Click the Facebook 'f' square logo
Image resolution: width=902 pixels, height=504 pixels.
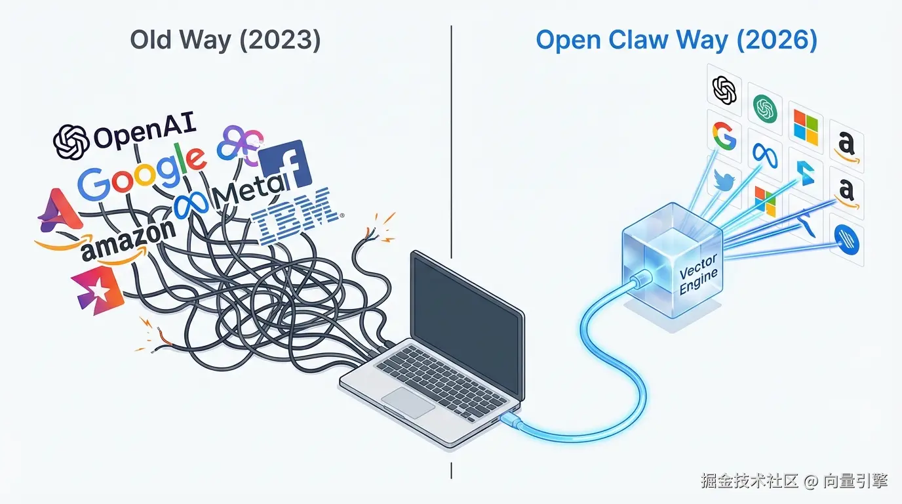tap(284, 164)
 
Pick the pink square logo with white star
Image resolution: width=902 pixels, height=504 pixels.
tap(98, 289)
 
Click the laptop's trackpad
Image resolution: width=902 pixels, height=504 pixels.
tap(408, 402)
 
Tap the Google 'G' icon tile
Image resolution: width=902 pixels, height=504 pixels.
tap(724, 135)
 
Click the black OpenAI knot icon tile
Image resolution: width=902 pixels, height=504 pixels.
tap(724, 90)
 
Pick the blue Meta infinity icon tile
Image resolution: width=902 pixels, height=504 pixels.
tap(764, 152)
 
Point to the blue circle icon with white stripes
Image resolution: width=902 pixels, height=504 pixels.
tap(845, 241)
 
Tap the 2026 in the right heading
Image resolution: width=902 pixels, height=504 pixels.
tap(781, 41)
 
